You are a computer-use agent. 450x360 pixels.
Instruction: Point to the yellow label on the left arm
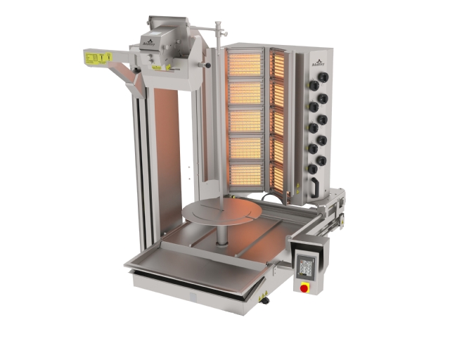pos(98,57)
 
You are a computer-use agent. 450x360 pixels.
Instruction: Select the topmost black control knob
pos(314,85)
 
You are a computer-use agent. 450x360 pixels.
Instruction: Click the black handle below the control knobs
pos(316,185)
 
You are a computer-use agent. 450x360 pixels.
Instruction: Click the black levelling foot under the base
pos(266,301)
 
